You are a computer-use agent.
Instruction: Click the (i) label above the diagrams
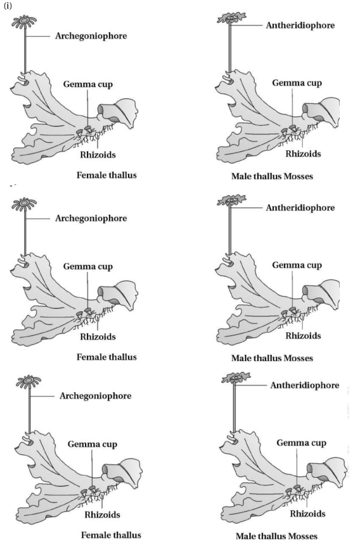tap(8, 6)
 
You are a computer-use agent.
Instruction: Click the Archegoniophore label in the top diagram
tap(91, 36)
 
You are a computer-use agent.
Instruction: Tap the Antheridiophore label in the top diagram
tap(300, 25)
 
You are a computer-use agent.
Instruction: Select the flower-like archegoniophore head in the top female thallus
tap(24, 21)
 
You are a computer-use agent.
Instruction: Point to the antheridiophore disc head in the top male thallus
tap(231, 18)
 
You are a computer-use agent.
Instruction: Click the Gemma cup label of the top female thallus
tap(88, 84)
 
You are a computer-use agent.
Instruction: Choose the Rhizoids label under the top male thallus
tap(304, 153)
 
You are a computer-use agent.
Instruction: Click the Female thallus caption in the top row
tap(106, 175)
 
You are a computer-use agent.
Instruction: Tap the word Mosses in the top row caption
tap(299, 176)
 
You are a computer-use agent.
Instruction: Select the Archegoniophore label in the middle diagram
tap(91, 218)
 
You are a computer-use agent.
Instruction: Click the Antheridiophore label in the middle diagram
tap(300, 208)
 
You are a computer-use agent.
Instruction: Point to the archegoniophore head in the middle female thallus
tap(24, 204)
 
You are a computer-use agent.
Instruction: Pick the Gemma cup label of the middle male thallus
tap(297, 265)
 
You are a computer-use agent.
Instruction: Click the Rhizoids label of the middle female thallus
tap(98, 337)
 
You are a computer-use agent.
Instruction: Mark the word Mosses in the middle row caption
tap(299, 358)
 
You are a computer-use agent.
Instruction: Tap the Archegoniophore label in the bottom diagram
tap(96, 396)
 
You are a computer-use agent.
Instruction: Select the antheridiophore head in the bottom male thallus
tap(236, 378)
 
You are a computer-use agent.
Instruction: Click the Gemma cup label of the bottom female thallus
tap(93, 444)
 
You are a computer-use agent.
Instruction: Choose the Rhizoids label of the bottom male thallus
tap(308, 514)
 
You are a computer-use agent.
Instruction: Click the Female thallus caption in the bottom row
tap(111, 535)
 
